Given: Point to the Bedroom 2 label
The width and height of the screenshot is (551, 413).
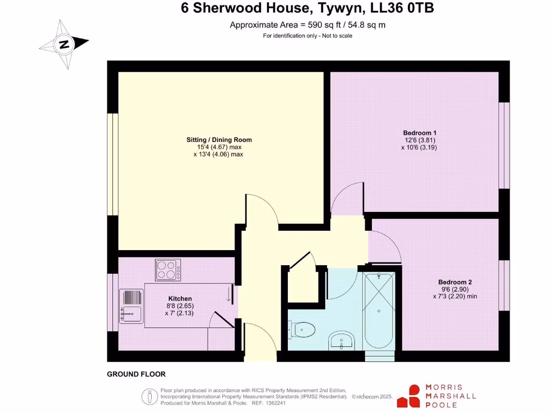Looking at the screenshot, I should click(455, 282).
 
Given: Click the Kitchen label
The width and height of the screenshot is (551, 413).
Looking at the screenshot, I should click(180, 298).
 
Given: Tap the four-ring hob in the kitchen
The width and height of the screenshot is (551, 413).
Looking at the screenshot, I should click(168, 270).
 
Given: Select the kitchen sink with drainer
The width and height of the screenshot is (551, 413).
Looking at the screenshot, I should click(131, 307).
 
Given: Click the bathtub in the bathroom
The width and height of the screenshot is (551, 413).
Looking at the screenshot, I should click(379, 311).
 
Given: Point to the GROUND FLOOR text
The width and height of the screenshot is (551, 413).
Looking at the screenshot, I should click(136, 374).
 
